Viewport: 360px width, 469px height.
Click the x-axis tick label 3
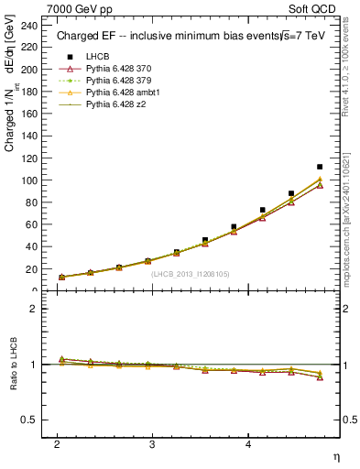152,443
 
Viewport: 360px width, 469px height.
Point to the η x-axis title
337,456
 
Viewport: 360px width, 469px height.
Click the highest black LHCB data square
320,167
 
